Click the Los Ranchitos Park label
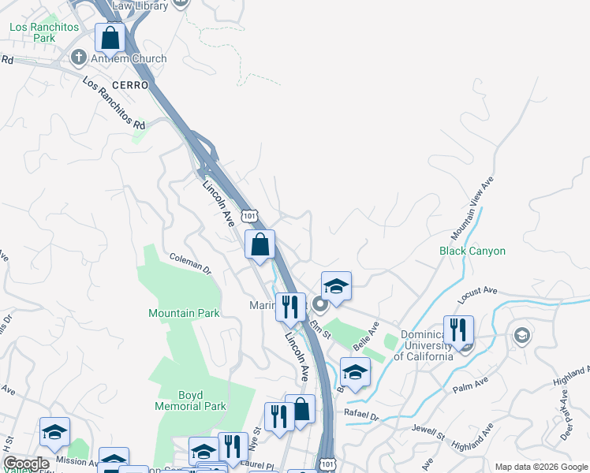pyautogui.click(x=44, y=32)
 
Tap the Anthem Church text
pyautogui.click(x=130, y=58)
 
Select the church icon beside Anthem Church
pyautogui.click(x=78, y=58)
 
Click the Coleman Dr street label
pyautogui.click(x=191, y=264)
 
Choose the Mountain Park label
pyautogui.click(x=184, y=313)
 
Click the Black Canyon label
pyautogui.click(x=472, y=251)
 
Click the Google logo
pyautogui.click(x=26, y=464)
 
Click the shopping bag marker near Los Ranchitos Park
pyautogui.click(x=110, y=37)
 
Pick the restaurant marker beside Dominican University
pyautogui.click(x=457, y=330)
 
